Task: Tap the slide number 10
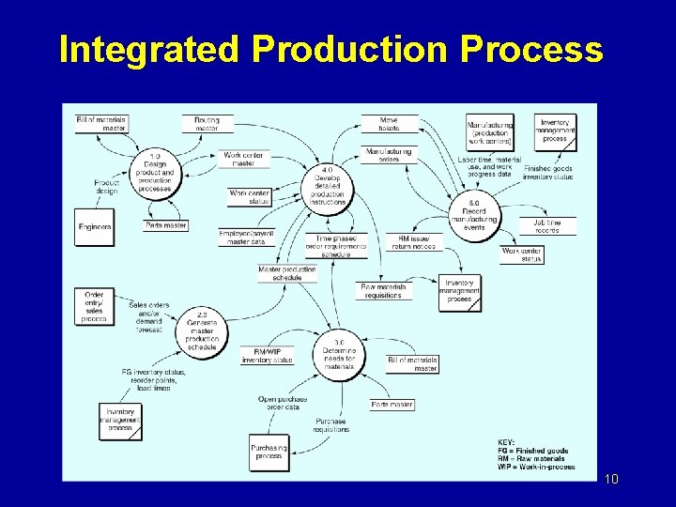click(x=611, y=480)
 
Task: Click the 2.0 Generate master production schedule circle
click(x=202, y=330)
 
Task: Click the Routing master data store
click(x=207, y=124)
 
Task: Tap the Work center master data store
click(x=242, y=160)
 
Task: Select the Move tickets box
click(x=389, y=124)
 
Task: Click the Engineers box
click(x=95, y=227)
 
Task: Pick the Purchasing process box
click(x=269, y=452)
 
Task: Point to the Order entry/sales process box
click(x=94, y=307)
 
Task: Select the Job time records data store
click(x=547, y=226)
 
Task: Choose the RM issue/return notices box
click(x=410, y=242)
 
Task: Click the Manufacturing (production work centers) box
click(x=489, y=133)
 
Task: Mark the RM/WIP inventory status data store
click(x=267, y=355)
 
